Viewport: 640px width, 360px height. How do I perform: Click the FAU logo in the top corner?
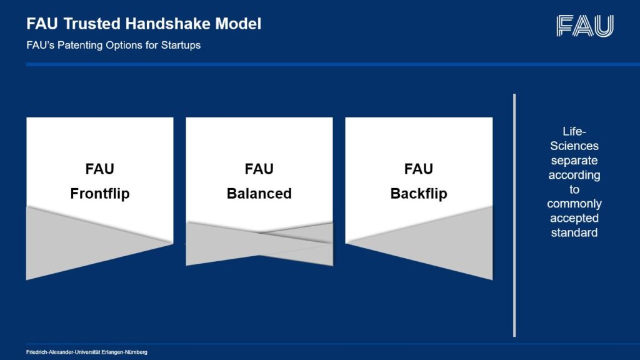[x=584, y=26]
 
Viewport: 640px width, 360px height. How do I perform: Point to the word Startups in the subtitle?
[x=179, y=46]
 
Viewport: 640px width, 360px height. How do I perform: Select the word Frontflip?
[x=99, y=194]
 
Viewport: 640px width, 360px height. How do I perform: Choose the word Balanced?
[x=259, y=194]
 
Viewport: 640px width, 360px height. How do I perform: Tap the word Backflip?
[x=419, y=194]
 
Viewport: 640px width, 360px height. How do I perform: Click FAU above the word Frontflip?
[x=99, y=169]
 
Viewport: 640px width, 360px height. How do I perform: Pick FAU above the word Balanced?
[x=259, y=169]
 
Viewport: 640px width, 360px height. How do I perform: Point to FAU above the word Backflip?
[x=419, y=169]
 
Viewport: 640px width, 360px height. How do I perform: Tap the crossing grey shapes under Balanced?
[x=259, y=243]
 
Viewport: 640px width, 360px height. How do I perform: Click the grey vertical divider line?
[x=514, y=215]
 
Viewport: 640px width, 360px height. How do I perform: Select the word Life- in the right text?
[x=574, y=131]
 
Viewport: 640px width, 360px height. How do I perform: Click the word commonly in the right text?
[x=574, y=204]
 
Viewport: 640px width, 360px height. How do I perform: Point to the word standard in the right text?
[x=574, y=232]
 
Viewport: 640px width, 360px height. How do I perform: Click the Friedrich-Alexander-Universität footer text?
[x=87, y=352]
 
